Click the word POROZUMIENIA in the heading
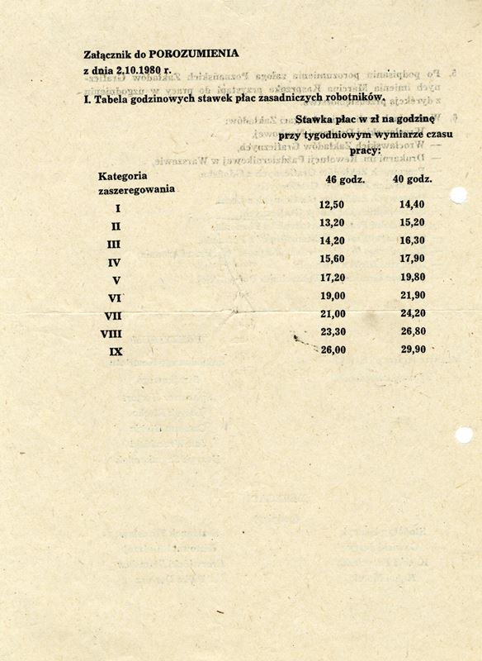[x=201, y=53]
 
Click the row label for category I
[x=118, y=209]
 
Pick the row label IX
[x=116, y=352]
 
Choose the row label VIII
[x=112, y=334]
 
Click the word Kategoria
[x=123, y=176]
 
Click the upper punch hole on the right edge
[x=459, y=195]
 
